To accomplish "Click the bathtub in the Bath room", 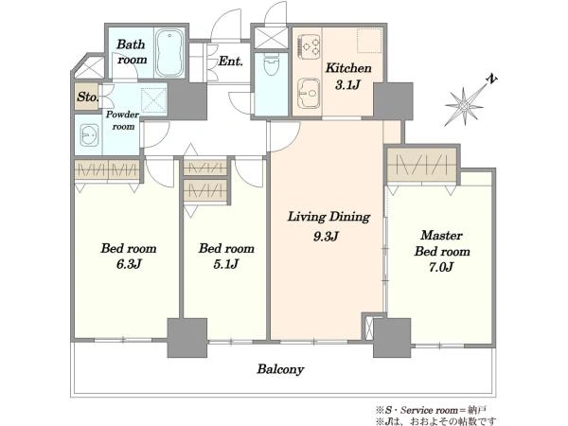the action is [169, 53].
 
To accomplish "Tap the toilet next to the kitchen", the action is [272, 65].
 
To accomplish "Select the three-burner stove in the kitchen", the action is [309, 46].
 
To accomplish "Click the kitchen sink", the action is [309, 93].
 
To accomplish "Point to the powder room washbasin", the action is [89, 135].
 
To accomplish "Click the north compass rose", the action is [465, 106].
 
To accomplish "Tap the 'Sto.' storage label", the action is [87, 97].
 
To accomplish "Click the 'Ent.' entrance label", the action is [230, 61].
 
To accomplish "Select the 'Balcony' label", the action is [280, 369].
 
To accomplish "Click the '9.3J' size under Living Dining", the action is [326, 237].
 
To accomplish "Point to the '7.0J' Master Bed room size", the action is [441, 267].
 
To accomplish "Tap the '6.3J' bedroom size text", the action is [129, 264].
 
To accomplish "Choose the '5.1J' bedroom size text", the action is [225, 264].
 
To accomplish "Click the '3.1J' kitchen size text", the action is [347, 85].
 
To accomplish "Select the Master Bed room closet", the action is [421, 165].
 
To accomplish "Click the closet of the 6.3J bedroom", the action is [107, 169].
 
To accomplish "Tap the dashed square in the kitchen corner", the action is [369, 40].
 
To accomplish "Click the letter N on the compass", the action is [490, 79].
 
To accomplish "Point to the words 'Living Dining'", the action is [328, 217].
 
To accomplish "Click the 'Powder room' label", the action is [122, 120].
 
